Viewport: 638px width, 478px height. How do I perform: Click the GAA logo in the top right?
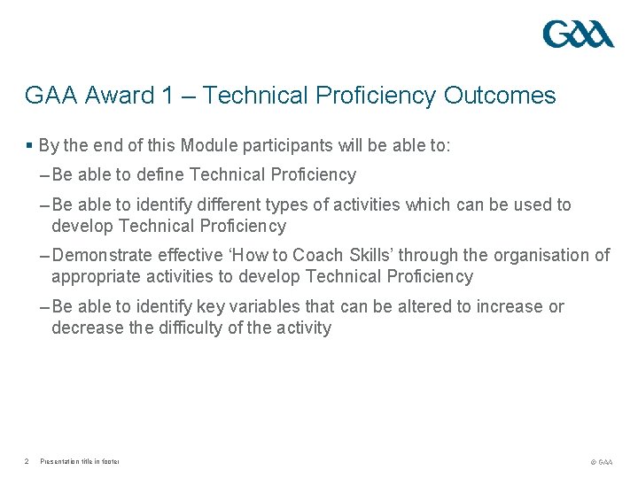[578, 35]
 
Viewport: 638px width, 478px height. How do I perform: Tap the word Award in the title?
[117, 96]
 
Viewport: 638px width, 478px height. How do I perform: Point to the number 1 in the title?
[167, 96]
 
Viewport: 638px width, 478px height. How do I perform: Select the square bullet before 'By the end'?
[29, 145]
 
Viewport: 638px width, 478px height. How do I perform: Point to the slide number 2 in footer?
[28, 461]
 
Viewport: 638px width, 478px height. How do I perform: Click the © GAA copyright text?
[600, 461]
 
